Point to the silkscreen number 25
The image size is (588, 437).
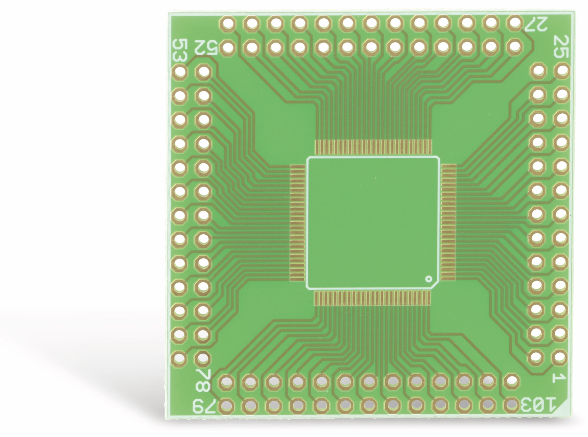point(560,46)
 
